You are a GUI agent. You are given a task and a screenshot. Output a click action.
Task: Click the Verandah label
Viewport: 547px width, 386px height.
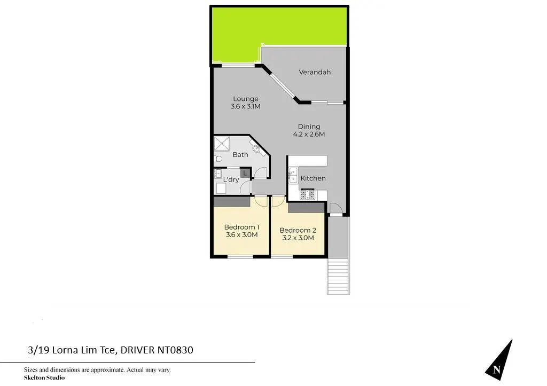coord(315,72)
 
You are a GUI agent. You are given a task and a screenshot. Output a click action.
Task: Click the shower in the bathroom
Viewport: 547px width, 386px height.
coord(222,144)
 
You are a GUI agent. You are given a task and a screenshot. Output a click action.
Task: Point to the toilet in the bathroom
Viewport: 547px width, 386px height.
coord(218,159)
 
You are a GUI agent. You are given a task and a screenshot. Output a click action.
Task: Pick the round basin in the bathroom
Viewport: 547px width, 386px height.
coord(256,149)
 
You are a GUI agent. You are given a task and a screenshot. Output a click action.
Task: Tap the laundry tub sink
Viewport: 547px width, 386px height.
coord(218,174)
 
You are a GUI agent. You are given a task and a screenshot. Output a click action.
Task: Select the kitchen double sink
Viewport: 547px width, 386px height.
coord(293,175)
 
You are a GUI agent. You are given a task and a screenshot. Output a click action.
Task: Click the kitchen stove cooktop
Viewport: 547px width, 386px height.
coord(307,194)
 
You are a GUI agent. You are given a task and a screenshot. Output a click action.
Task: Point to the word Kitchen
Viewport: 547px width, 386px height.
coord(313,178)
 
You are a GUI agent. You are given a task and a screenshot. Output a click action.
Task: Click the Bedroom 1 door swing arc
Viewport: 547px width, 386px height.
coord(261,201)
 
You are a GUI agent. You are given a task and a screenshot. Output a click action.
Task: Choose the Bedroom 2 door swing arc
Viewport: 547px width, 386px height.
coord(278,201)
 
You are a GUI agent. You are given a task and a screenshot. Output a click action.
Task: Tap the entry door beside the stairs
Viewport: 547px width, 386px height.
coord(335,208)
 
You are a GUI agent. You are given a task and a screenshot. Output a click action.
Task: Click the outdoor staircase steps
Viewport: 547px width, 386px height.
coord(338,277)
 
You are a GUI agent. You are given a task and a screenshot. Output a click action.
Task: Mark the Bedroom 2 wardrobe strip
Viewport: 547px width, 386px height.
coord(306,208)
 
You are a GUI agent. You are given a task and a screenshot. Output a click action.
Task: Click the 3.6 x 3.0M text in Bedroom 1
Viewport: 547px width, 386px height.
coord(242,235)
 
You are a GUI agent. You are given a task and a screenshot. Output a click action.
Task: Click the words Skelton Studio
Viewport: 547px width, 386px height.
coord(44,377)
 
